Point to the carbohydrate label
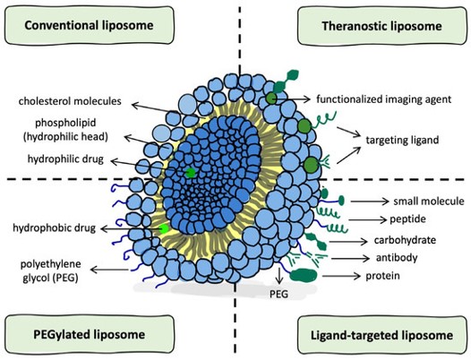point(404,241)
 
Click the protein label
point(386,276)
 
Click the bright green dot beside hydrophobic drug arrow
point(163,229)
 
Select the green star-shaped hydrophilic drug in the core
point(190,171)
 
